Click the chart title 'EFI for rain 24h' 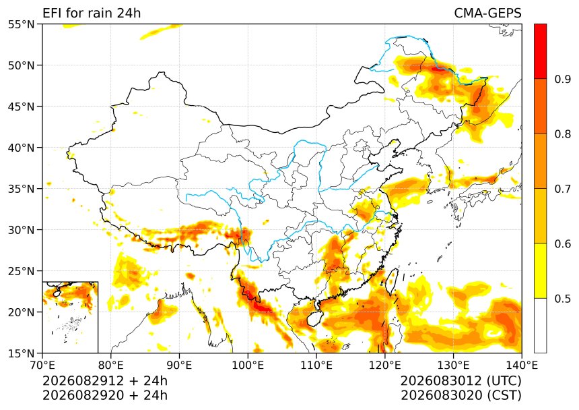(92, 13)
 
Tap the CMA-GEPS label (487, 13)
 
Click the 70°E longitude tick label (42, 365)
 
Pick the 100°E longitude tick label (248, 365)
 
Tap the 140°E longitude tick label (521, 365)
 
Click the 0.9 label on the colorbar (563, 79)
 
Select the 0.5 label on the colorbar (563, 299)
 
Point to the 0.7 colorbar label (563, 189)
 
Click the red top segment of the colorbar (540, 51)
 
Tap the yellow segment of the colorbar (540, 270)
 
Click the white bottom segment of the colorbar (540, 326)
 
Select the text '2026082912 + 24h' (105, 381)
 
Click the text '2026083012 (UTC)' (461, 381)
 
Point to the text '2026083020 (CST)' (461, 395)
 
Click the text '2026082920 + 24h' (105, 395)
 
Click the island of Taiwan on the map (392, 282)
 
